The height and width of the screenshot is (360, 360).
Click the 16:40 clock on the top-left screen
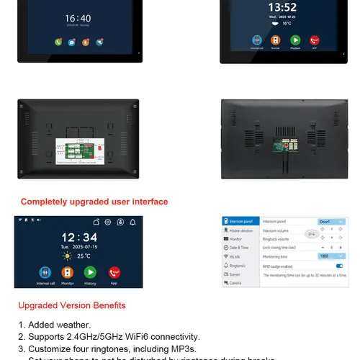78,18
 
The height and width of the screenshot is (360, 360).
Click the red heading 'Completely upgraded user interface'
94,202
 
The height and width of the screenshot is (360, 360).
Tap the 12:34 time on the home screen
78,238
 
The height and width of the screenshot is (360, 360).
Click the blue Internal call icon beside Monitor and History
44,274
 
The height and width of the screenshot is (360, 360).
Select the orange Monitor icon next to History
67,274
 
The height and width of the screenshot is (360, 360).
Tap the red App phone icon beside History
114,274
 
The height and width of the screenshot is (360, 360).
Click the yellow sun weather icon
67,256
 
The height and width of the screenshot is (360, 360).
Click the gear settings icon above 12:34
107,222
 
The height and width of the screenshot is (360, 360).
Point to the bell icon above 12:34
133,222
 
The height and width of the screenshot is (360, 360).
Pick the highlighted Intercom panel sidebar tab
240,221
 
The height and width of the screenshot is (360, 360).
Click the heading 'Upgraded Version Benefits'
72,305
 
